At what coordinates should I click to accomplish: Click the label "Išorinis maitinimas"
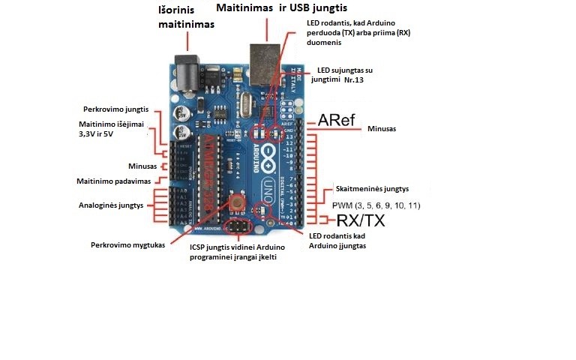click(x=186, y=17)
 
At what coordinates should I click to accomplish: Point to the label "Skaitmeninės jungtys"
click(x=376, y=190)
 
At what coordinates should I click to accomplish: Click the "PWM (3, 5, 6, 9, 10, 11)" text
click(x=376, y=205)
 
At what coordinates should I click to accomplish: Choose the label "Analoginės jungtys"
click(x=110, y=205)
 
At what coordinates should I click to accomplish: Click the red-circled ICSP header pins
click(x=238, y=226)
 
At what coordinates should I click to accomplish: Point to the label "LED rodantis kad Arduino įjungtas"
click(x=337, y=241)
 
